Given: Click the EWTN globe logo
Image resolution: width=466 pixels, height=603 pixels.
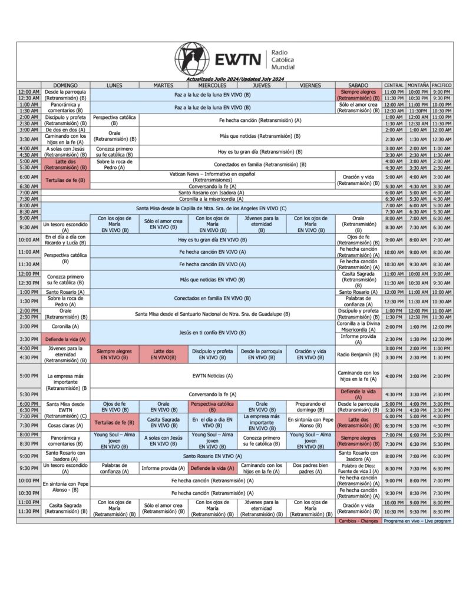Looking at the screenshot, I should point(192,59).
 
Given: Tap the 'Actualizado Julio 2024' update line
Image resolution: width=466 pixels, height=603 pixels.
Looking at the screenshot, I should point(235,79).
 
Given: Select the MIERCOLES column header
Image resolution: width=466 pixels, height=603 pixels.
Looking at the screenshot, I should point(213,85).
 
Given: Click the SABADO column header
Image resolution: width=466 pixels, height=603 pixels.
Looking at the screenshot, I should point(358,85).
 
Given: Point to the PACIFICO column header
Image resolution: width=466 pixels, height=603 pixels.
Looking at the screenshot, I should point(442,85).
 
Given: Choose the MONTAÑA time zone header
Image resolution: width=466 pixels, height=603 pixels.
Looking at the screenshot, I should point(418,85).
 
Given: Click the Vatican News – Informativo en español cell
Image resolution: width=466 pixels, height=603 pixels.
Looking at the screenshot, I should point(213,177).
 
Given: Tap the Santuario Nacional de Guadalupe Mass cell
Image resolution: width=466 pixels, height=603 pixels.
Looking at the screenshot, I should point(213,314).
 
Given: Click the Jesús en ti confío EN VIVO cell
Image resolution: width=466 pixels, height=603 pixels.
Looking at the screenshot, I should point(213,333).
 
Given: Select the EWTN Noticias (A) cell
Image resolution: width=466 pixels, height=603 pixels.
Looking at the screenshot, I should point(213,376).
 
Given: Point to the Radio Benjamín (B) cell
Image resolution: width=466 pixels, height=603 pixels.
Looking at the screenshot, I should point(358,354).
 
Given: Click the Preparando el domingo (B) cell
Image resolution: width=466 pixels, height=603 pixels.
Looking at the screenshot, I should point(310,407).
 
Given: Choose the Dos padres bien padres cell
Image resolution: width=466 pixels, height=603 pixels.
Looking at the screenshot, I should point(310,468).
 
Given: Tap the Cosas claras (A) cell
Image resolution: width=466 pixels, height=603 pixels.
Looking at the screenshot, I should point(65,425).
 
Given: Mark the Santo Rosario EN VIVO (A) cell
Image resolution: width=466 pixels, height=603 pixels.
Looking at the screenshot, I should point(213,456).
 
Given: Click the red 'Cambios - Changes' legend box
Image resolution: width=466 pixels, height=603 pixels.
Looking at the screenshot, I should point(358,521).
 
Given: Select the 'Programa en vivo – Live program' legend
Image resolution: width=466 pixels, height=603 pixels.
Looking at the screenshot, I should point(418,521).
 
